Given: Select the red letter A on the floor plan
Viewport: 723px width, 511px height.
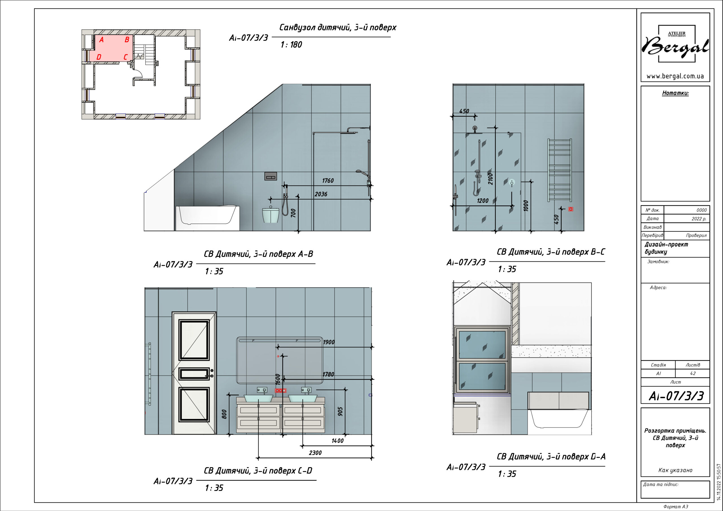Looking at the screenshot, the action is click(x=101, y=40).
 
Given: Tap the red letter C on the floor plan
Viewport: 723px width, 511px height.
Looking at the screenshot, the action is click(x=125, y=57).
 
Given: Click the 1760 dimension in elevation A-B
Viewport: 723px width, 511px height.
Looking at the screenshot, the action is click(x=328, y=180).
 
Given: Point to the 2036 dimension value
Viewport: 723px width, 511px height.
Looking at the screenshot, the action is click(x=321, y=194).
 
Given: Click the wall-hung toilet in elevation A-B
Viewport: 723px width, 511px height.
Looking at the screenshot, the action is click(x=271, y=215).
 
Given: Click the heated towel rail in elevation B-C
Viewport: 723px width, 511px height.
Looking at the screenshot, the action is click(x=559, y=170).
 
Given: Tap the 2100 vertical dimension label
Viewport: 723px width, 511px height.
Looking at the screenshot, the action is click(x=490, y=178).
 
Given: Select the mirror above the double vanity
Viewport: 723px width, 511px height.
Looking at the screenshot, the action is click(x=280, y=361).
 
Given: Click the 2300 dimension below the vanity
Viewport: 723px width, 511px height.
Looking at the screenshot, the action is click(x=315, y=453).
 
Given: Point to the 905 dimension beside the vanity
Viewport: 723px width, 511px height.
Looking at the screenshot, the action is click(x=340, y=411).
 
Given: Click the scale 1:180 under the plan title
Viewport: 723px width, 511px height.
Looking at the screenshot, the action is click(x=291, y=45).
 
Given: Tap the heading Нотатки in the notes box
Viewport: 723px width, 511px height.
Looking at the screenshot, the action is click(x=675, y=93).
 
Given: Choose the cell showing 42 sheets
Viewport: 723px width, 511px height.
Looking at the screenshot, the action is click(x=693, y=374).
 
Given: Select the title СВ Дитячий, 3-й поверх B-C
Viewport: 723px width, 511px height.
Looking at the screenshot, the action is click(x=551, y=252).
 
